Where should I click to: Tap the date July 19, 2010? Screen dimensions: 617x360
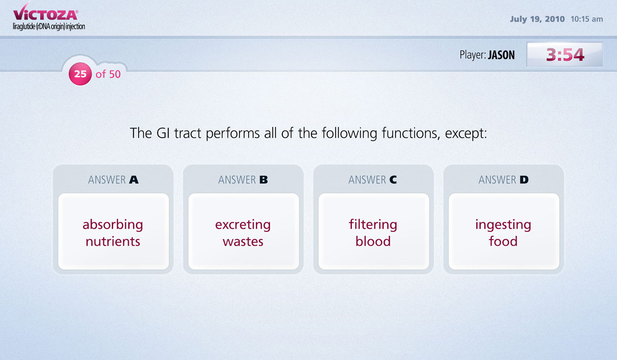[537, 19]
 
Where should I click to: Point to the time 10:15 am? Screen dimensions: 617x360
[587, 19]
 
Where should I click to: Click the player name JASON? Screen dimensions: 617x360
[501, 55]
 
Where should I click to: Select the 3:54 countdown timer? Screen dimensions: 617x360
[565, 54]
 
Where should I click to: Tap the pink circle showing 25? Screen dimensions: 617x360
[80, 74]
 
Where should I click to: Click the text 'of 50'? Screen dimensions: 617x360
[108, 74]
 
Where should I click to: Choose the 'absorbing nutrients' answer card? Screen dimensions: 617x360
[113, 231]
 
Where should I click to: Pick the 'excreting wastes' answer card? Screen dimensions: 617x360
[243, 231]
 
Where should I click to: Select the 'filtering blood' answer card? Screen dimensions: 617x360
[374, 231]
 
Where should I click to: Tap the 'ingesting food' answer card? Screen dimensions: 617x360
[504, 231]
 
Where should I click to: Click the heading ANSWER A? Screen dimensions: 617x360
[113, 180]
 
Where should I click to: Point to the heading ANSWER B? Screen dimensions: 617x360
[243, 180]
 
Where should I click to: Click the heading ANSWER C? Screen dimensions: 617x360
[373, 180]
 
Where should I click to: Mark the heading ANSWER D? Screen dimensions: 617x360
[504, 180]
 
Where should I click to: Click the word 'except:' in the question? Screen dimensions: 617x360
[466, 134]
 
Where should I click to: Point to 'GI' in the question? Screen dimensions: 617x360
[163, 133]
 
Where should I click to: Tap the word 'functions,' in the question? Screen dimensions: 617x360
[411, 134]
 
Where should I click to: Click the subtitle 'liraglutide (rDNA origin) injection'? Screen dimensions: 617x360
[49, 27]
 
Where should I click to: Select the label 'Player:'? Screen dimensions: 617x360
[473, 55]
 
